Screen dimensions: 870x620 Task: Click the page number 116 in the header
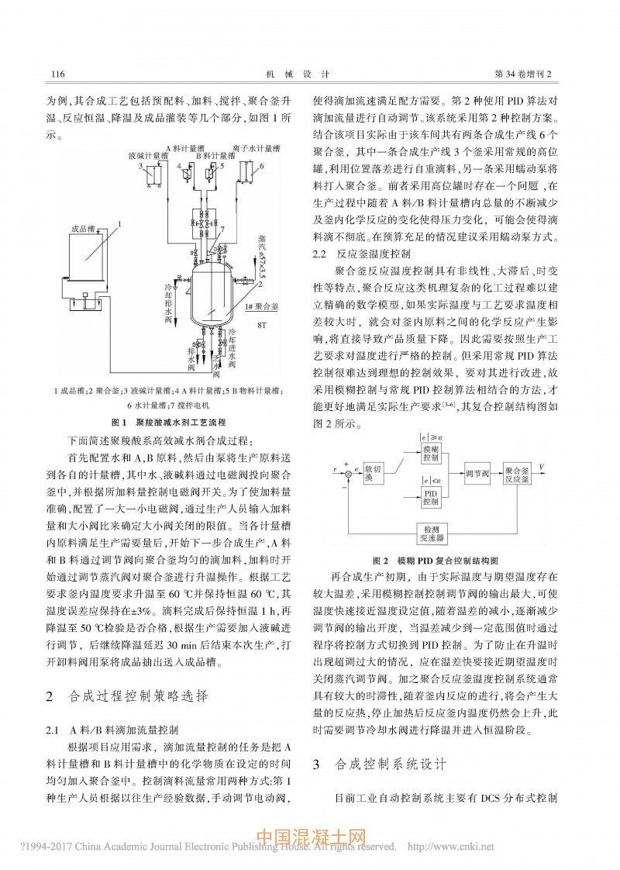point(56,74)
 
